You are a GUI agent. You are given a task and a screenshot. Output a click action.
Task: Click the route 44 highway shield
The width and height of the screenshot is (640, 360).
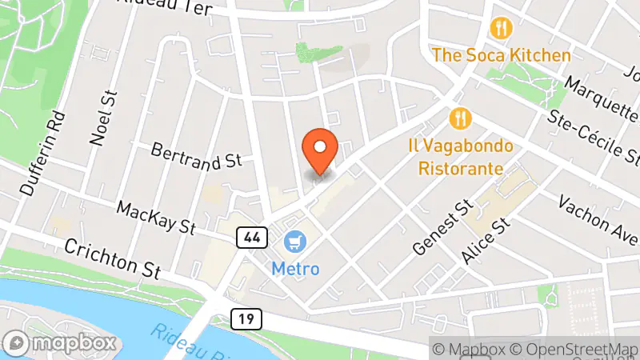(251, 237)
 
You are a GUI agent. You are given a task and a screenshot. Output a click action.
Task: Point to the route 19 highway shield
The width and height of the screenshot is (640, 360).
(246, 319)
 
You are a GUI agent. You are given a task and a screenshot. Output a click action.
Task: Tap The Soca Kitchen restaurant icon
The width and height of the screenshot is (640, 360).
(502, 29)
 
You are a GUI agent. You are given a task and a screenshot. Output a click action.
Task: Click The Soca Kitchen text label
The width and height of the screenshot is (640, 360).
(502, 55)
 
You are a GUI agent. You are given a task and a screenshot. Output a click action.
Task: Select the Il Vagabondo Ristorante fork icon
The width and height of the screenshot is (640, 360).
(460, 119)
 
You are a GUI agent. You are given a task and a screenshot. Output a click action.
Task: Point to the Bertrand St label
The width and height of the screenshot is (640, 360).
(196, 155)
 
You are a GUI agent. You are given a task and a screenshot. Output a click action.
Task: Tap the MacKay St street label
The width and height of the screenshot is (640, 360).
(156, 218)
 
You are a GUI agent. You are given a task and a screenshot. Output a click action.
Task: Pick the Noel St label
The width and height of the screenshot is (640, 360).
(99, 118)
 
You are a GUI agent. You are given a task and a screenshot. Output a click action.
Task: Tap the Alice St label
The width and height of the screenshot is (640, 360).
(486, 242)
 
